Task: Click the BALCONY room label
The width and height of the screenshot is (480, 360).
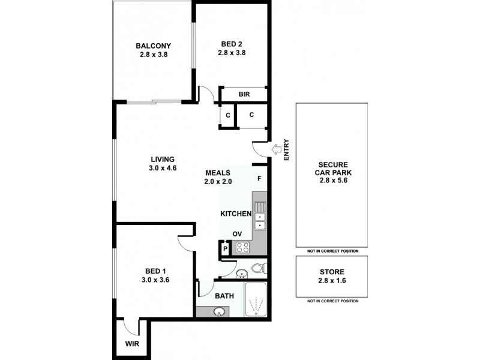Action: (x=153, y=46)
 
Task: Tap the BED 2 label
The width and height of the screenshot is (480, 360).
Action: (x=232, y=43)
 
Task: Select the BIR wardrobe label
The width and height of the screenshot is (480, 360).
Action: (x=244, y=94)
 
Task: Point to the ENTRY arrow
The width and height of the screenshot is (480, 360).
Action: (x=274, y=149)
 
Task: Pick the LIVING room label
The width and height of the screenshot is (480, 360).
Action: (x=162, y=159)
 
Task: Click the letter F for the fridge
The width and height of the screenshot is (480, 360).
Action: (x=259, y=178)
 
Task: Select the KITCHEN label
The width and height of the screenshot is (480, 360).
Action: (x=235, y=214)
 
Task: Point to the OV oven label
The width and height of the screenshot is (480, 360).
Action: (x=238, y=234)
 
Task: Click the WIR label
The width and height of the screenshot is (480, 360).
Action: (x=132, y=344)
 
